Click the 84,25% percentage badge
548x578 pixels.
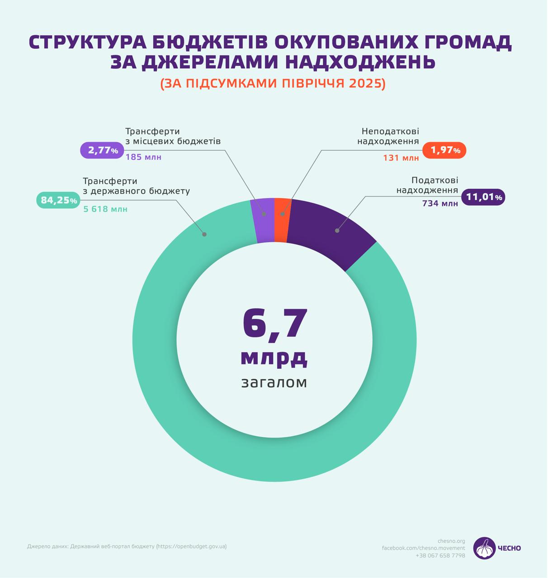[x=59, y=200]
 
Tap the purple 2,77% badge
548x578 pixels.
[x=103, y=150]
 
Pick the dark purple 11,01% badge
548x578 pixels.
[x=483, y=197]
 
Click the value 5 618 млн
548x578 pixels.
[x=105, y=210]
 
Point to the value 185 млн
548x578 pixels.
[x=143, y=157]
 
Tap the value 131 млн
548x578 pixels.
[x=401, y=158]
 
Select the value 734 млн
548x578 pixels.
[x=440, y=204]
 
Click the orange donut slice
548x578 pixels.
[x=282, y=220]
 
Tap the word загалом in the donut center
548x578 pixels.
[x=274, y=382]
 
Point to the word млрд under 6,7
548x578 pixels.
[x=274, y=357]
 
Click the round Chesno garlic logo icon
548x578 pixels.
[x=484, y=548]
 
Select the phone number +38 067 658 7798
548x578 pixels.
[x=440, y=555]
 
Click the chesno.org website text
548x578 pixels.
[x=451, y=541]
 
